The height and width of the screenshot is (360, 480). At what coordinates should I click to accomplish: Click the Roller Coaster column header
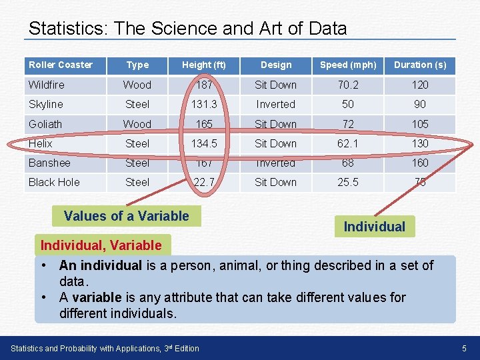click(61, 65)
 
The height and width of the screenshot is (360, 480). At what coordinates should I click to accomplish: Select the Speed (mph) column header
click(348, 65)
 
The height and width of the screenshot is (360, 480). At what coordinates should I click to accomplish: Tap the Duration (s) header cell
click(420, 65)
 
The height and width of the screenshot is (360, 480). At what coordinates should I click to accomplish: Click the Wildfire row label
click(47, 85)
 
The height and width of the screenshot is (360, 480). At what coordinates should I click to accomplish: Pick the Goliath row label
click(45, 124)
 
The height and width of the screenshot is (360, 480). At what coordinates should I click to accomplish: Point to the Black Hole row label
click(54, 182)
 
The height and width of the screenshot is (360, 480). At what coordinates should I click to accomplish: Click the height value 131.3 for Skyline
click(205, 104)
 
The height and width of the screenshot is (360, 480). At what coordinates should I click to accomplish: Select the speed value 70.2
click(348, 85)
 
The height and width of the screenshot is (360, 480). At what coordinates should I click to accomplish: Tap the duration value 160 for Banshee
click(420, 163)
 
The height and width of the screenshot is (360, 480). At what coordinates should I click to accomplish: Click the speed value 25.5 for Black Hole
click(348, 182)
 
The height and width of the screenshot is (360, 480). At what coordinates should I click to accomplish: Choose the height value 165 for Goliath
click(205, 124)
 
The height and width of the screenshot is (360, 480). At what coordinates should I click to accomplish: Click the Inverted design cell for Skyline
click(275, 104)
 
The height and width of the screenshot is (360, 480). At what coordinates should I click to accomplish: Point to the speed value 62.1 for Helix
click(348, 143)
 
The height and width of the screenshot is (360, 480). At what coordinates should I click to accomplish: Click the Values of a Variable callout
click(127, 216)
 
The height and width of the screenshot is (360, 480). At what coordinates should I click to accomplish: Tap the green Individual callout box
click(374, 227)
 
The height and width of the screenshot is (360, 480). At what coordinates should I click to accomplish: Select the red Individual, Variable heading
click(101, 245)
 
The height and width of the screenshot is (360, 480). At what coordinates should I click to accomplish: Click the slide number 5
click(464, 348)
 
